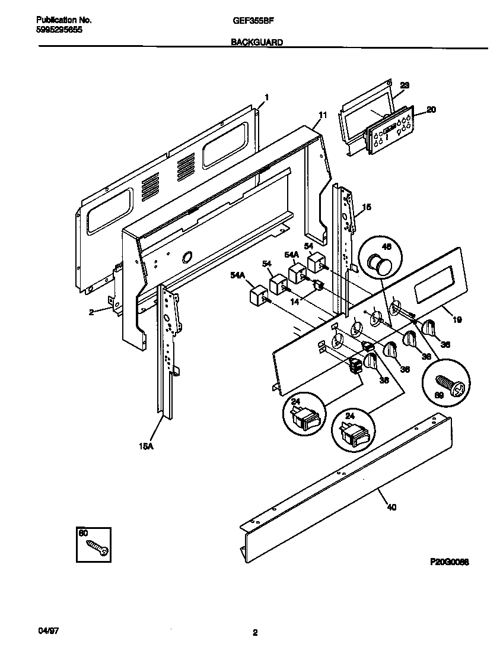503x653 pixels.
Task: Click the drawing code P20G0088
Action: pyautogui.click(x=450, y=561)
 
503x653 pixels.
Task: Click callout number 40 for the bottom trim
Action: pyautogui.click(x=391, y=507)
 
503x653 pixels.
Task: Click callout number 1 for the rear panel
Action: pyautogui.click(x=266, y=97)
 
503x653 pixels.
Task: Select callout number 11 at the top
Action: pyautogui.click(x=323, y=115)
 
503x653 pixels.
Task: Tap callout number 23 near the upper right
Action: pyautogui.click(x=405, y=85)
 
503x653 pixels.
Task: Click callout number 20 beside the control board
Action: pyautogui.click(x=431, y=109)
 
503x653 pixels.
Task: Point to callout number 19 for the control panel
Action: pyautogui.click(x=457, y=319)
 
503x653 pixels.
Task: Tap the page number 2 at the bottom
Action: pyautogui.click(x=254, y=633)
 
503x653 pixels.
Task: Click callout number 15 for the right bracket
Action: pyautogui.click(x=367, y=207)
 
